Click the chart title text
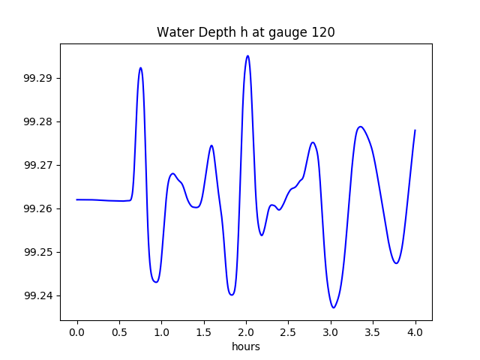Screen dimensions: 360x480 tap(246, 33)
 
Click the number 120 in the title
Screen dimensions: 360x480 tap(325, 33)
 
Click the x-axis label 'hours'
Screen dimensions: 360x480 tap(246, 346)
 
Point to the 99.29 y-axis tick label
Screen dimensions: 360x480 tap(39, 79)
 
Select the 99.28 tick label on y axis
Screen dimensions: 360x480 tap(39, 122)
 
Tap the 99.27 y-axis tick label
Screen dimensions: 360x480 tap(39, 166)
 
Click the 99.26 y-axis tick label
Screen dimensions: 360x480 tap(39, 209)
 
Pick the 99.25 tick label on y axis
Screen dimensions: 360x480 tap(39, 253)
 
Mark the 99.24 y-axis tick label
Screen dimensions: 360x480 tap(39, 296)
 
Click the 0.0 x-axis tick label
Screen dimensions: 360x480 tap(77, 331)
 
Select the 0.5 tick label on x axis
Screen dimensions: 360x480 tap(119, 331)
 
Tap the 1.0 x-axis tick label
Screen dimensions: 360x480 tap(162, 331)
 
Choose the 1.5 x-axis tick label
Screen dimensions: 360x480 tap(204, 331)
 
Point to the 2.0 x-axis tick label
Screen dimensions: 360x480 tap(246, 331)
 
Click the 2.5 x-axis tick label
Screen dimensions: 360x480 tap(289, 331)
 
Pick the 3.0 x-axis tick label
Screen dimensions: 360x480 tap(331, 331)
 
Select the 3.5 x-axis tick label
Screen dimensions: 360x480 tap(373, 331)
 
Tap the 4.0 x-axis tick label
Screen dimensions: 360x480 tap(415, 331)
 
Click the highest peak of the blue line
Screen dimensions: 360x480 tap(247, 55)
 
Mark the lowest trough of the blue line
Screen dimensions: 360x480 tap(334, 307)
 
